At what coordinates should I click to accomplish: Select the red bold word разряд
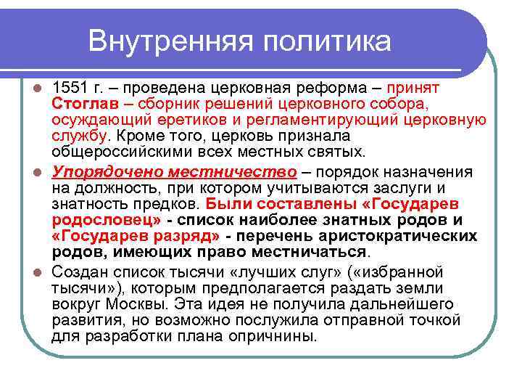pyautogui.click(x=185, y=236)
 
